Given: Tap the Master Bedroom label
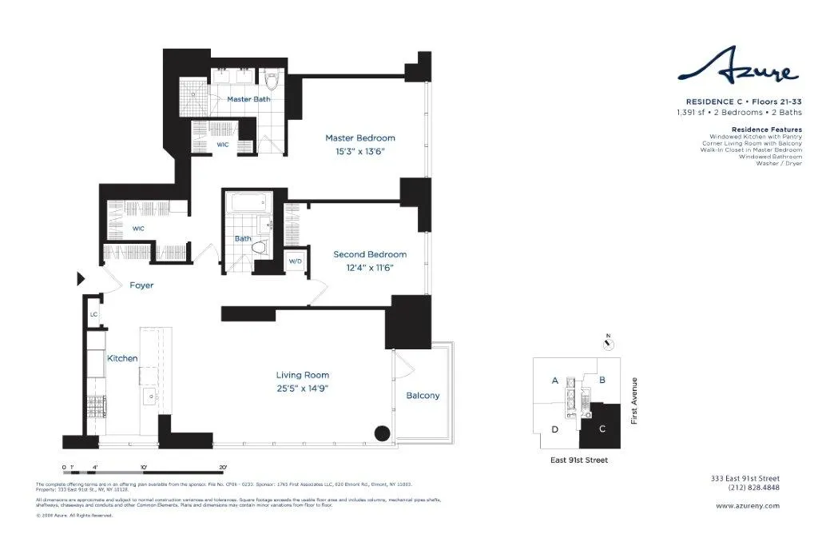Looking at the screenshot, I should coord(359,137).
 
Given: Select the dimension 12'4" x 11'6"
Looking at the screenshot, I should coord(363,268).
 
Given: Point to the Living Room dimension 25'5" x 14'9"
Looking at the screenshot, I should coord(303,388).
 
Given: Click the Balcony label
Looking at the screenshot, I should coord(423,396).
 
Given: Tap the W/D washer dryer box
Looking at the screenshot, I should coord(295,261).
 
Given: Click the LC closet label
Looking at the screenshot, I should coord(93,314).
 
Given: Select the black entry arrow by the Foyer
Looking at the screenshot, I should coord(79,278).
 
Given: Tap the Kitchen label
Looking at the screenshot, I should coord(122,359).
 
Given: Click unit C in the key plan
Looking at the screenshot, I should coord(602,428).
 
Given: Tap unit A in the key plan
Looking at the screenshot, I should coord(554,381).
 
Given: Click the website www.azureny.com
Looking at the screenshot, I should coord(747,506).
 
